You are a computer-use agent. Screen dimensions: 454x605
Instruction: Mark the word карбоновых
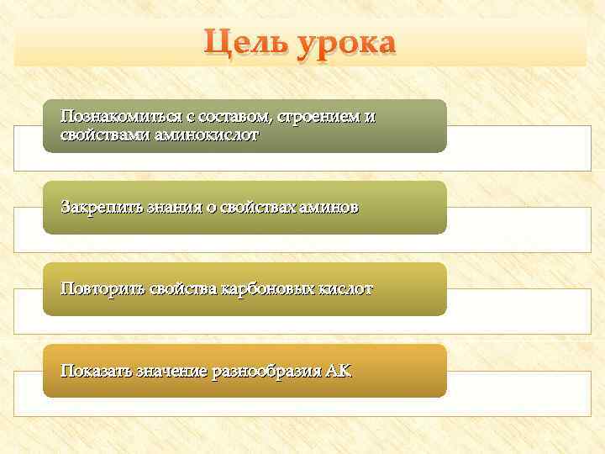pos(266,288)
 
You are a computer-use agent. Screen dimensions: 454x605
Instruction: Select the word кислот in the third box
pos(345,288)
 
